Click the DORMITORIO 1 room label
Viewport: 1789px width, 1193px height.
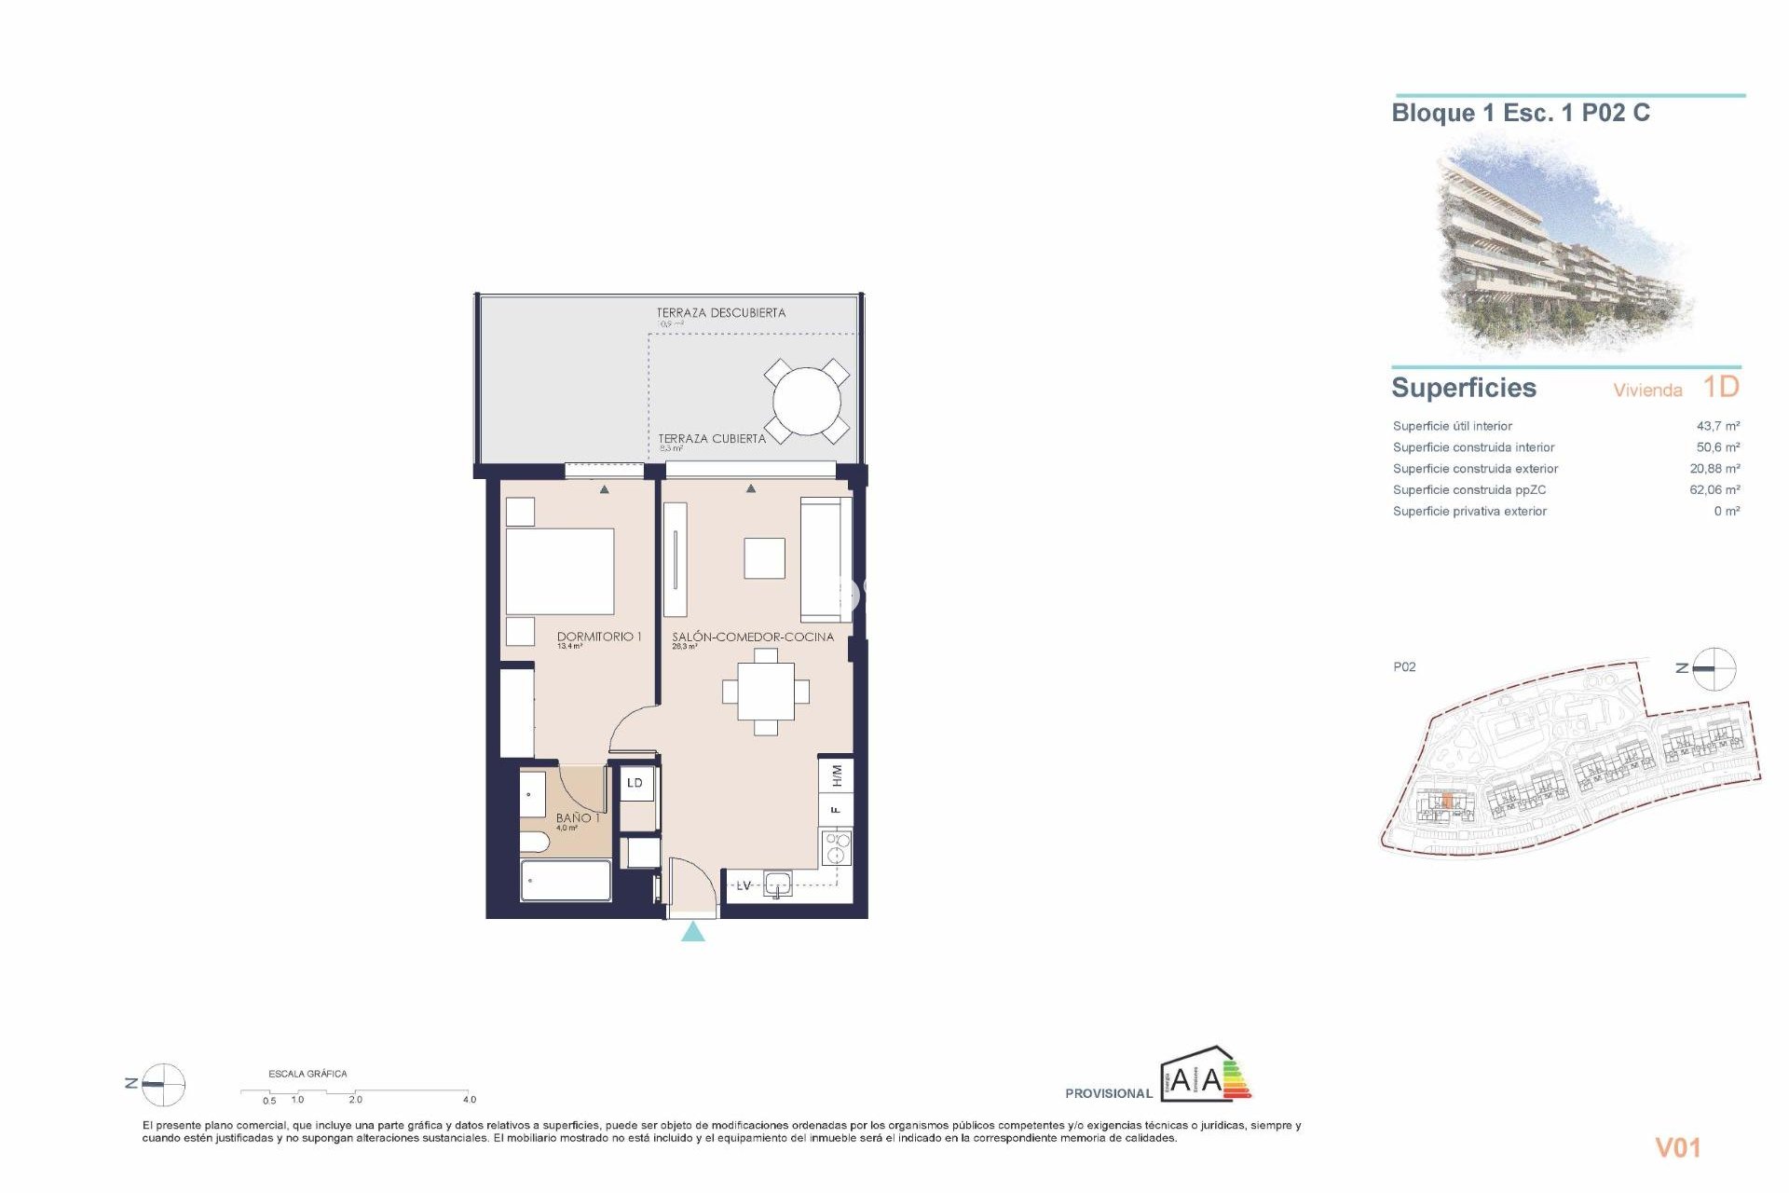pyautogui.click(x=599, y=637)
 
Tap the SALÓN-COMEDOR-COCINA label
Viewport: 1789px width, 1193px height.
pyautogui.click(x=753, y=637)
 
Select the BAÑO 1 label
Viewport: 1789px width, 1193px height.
pyautogui.click(x=578, y=817)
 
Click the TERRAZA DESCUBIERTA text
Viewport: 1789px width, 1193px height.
pyautogui.click(x=720, y=313)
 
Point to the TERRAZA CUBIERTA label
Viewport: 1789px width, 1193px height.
pyautogui.click(x=712, y=438)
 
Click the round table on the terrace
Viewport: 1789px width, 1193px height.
pyautogui.click(x=807, y=403)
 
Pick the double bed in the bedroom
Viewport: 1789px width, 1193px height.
pyautogui.click(x=559, y=570)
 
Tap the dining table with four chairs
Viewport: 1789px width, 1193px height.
pyautogui.click(x=766, y=692)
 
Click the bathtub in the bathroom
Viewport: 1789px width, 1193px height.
pyautogui.click(x=566, y=881)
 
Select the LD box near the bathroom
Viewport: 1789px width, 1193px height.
pyautogui.click(x=635, y=783)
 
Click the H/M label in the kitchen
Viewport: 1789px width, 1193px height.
pyautogui.click(x=836, y=775)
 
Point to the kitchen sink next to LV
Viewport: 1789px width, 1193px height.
pyautogui.click(x=777, y=884)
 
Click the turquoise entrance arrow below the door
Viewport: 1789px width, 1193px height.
pyautogui.click(x=692, y=931)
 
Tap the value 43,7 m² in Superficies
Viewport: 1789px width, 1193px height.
pyautogui.click(x=1717, y=426)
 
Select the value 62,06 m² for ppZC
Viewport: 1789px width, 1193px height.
pyautogui.click(x=1714, y=489)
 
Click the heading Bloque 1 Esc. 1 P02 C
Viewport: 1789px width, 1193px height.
pyautogui.click(x=1520, y=114)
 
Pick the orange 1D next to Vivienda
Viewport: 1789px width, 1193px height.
pyautogui.click(x=1720, y=387)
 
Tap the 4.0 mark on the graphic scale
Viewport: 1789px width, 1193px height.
pyautogui.click(x=470, y=1100)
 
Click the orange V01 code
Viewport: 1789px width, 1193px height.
pyautogui.click(x=1677, y=1147)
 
